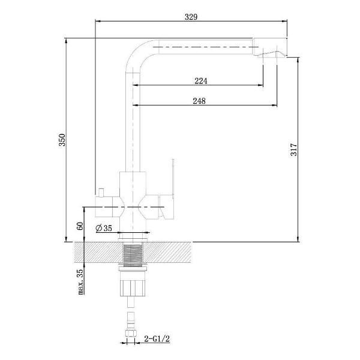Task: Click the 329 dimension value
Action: [191, 17]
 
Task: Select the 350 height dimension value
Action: [62, 140]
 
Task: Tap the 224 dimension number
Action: [201, 81]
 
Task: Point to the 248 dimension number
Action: [199, 101]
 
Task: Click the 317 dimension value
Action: [293, 149]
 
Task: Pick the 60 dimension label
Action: [80, 226]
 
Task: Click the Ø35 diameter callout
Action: [104, 228]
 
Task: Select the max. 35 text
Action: [80, 281]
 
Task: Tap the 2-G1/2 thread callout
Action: [157, 338]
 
